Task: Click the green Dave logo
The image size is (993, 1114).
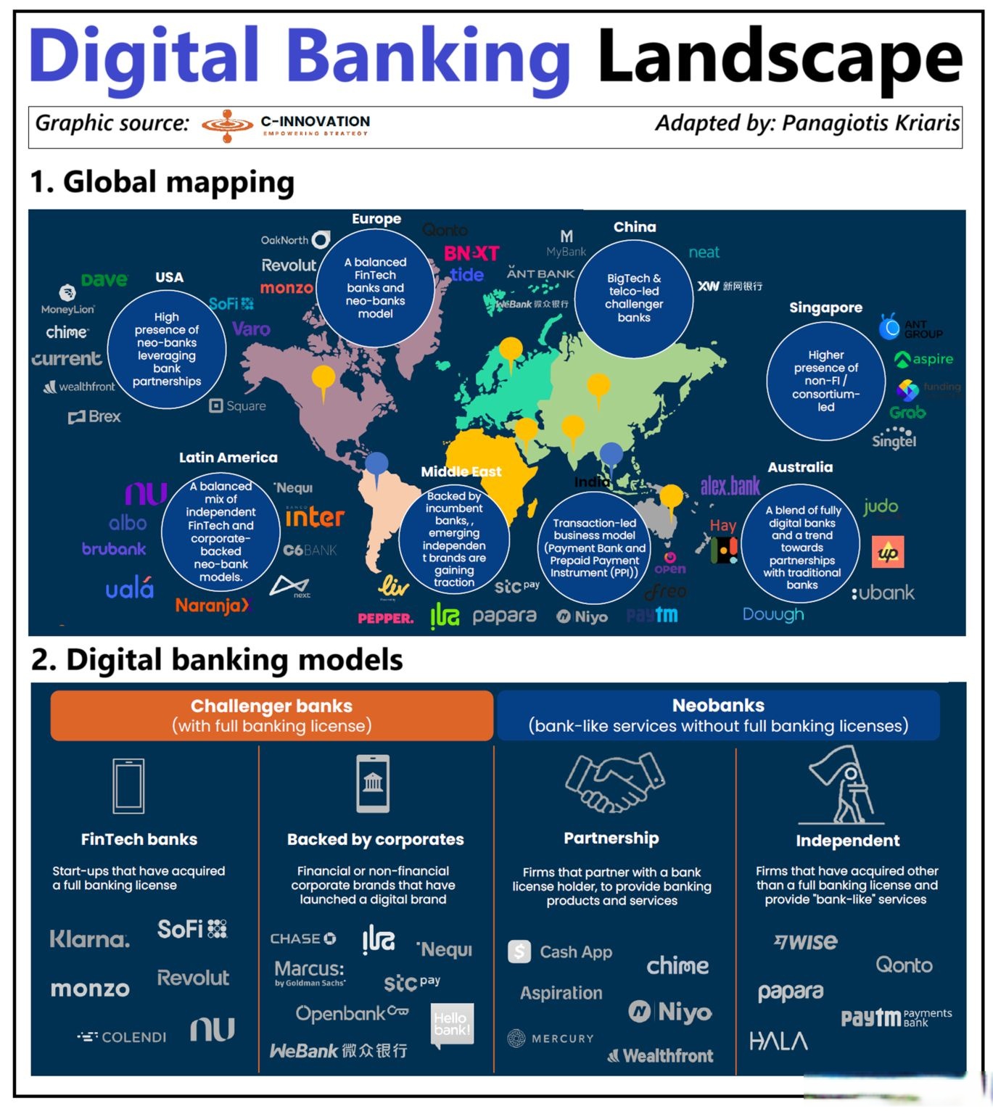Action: coord(104,280)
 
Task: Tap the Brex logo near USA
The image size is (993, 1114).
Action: coord(94,417)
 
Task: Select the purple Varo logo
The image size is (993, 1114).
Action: coord(251,329)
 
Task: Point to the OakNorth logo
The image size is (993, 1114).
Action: coord(294,239)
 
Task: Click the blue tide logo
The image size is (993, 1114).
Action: coord(466,275)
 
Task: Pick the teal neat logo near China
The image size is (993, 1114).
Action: coord(704,252)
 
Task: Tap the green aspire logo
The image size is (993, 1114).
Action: coord(924,359)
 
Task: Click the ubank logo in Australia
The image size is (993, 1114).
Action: coord(883,593)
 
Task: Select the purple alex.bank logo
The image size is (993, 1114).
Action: coord(730,486)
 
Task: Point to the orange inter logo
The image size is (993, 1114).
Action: coord(315,517)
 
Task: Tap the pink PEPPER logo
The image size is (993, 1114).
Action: coord(385,619)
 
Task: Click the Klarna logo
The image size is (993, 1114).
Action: coord(90,940)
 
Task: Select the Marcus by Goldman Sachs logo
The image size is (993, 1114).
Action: coord(310,973)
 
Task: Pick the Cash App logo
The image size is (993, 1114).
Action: coord(561,952)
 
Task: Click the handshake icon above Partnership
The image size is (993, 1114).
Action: coord(614,782)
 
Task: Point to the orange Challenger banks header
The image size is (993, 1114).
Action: coord(271,715)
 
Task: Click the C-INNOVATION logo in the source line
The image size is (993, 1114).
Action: coord(286,125)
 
